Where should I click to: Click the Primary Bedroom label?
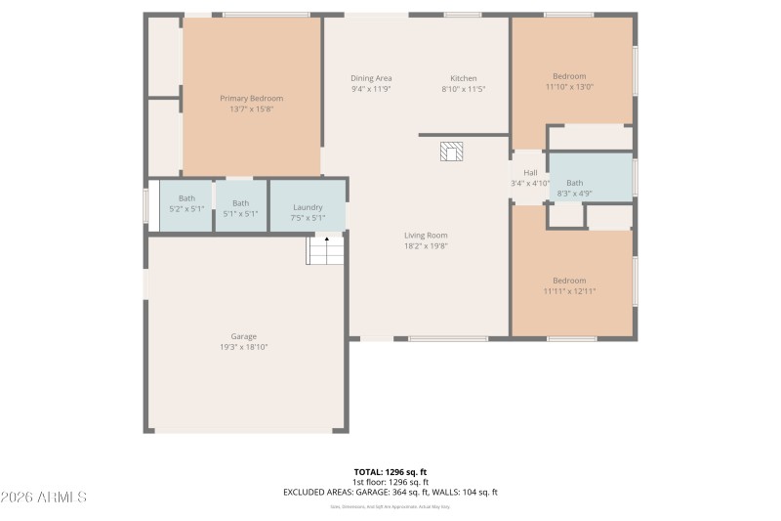(251, 98)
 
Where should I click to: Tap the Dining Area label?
(371, 78)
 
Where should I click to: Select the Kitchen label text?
(463, 78)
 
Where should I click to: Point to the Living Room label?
(426, 235)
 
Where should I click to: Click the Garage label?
(243, 336)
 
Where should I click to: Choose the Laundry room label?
(308, 207)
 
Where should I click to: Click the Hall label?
(530, 172)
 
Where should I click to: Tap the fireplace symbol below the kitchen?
(451, 151)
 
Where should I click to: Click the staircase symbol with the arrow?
(326, 249)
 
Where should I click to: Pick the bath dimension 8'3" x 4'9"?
(574, 194)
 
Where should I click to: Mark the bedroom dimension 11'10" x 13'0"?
(569, 87)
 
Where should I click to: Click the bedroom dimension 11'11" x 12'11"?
(569, 291)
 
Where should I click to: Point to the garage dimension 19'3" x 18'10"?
(243, 347)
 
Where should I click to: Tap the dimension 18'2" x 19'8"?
(426, 245)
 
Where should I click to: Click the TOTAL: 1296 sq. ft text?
(390, 471)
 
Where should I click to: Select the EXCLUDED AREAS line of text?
(390, 492)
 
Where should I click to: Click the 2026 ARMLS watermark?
(44, 497)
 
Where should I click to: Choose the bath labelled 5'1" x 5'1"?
(240, 208)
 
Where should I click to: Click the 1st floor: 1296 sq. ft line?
(390, 482)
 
